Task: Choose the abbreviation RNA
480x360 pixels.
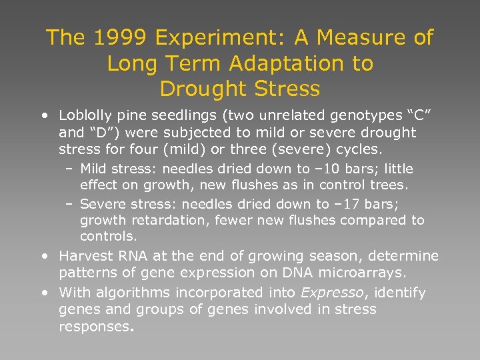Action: (125, 256)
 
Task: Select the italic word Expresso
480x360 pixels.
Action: (329, 293)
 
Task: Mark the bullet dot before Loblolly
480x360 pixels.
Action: (44, 115)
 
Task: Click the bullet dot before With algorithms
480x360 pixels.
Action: (44, 292)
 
